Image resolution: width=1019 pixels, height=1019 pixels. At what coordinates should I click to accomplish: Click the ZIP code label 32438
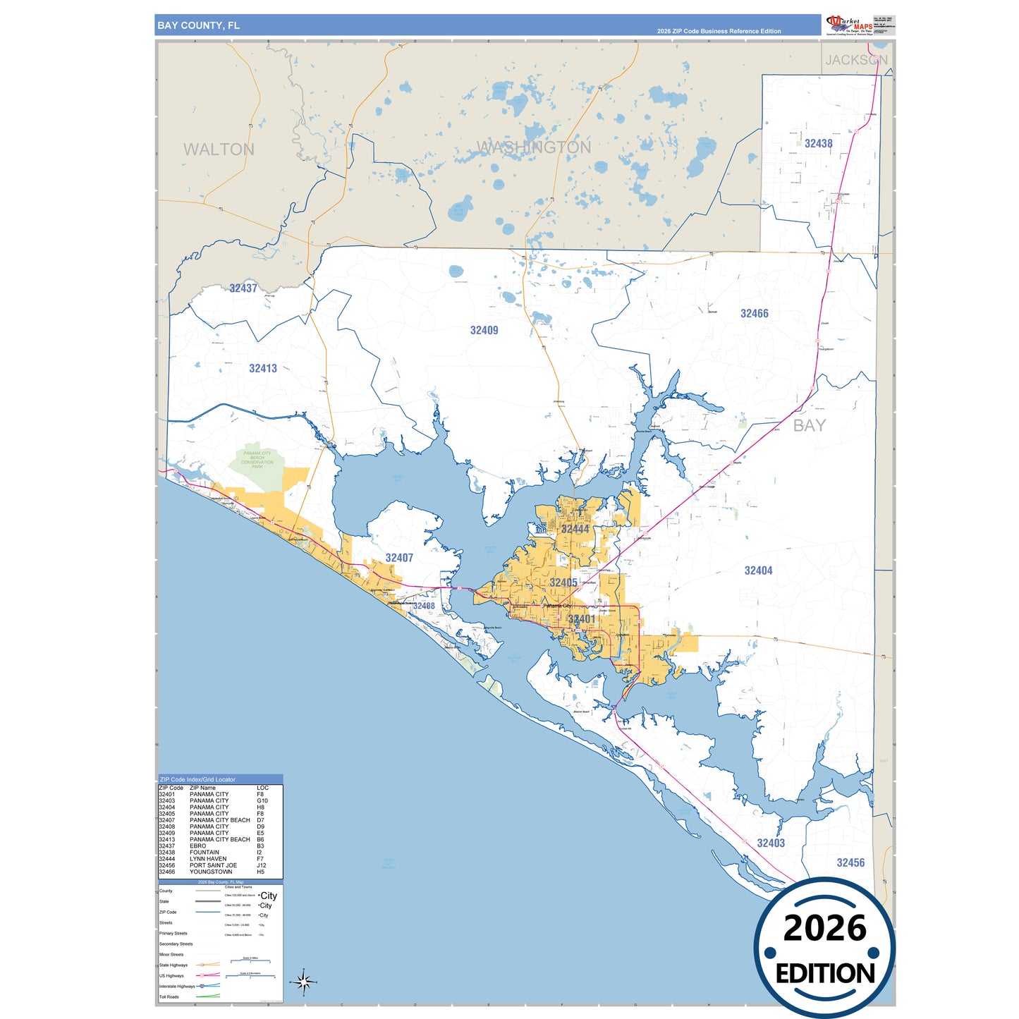point(818,143)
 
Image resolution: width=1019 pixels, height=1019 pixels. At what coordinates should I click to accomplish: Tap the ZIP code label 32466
point(754,313)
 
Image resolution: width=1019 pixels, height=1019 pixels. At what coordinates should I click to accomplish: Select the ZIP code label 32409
point(484,330)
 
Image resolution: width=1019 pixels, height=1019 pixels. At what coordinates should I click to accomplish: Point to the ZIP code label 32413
point(262,368)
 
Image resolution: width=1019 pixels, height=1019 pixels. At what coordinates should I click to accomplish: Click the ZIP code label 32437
point(243,288)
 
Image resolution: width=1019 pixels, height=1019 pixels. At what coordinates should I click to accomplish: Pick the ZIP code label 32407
point(399,558)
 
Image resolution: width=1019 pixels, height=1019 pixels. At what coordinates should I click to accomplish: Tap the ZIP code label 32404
point(758,570)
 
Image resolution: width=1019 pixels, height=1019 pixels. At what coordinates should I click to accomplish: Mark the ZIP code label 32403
point(770,843)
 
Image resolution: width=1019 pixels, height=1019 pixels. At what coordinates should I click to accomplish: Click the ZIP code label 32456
point(850,862)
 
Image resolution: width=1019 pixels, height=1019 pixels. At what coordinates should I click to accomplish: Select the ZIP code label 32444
point(575,529)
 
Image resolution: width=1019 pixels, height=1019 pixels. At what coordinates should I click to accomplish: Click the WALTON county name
point(219,150)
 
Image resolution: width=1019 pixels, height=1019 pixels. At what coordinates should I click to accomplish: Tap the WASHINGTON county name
point(534,147)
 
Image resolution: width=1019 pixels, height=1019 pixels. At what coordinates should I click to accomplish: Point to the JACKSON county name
point(856,60)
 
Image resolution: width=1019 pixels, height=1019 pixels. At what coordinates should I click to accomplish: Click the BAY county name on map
point(809,425)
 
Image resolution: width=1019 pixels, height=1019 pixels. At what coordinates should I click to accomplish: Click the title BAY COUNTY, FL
point(198,25)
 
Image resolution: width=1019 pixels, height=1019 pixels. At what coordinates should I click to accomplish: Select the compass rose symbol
point(304,982)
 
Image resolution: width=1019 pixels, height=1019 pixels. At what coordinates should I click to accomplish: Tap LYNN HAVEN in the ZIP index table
point(208,859)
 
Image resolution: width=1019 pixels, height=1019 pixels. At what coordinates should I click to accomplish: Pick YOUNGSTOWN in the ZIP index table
point(211,872)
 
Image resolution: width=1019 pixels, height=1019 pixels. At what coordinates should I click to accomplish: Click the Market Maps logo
point(849,25)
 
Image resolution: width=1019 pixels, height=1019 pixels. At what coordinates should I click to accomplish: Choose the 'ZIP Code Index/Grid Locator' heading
point(197,779)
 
